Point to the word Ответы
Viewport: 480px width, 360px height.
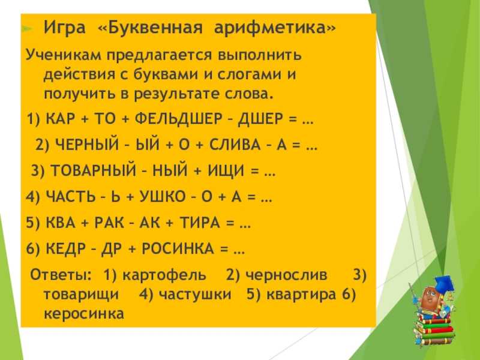tap(61, 275)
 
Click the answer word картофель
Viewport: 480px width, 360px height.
tap(164, 275)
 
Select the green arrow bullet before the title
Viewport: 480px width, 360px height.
tap(27, 29)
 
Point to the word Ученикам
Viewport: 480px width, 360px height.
tap(64, 56)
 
